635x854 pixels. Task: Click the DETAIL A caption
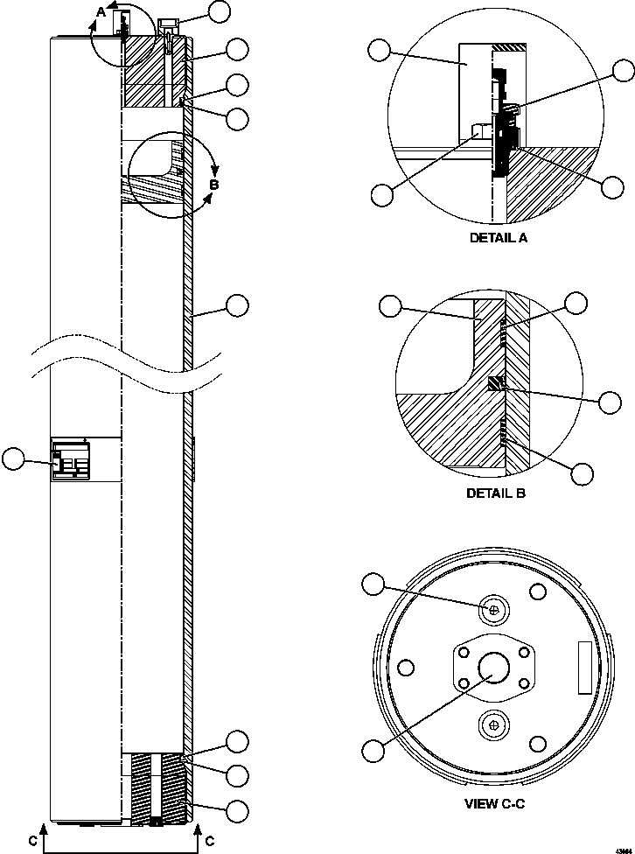coord(499,237)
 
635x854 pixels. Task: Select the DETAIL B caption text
coord(496,493)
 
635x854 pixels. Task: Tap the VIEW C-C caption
coord(495,802)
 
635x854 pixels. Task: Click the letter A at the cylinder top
coord(101,10)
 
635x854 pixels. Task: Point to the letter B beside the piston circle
coord(213,185)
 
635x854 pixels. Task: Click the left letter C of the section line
coord(31,841)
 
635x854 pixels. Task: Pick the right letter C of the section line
coord(210,841)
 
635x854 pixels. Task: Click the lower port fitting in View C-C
coord(495,724)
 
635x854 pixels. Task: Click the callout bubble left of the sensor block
coord(14,458)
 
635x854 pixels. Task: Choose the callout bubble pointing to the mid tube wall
coord(237,304)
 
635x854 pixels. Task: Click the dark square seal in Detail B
coord(496,384)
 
